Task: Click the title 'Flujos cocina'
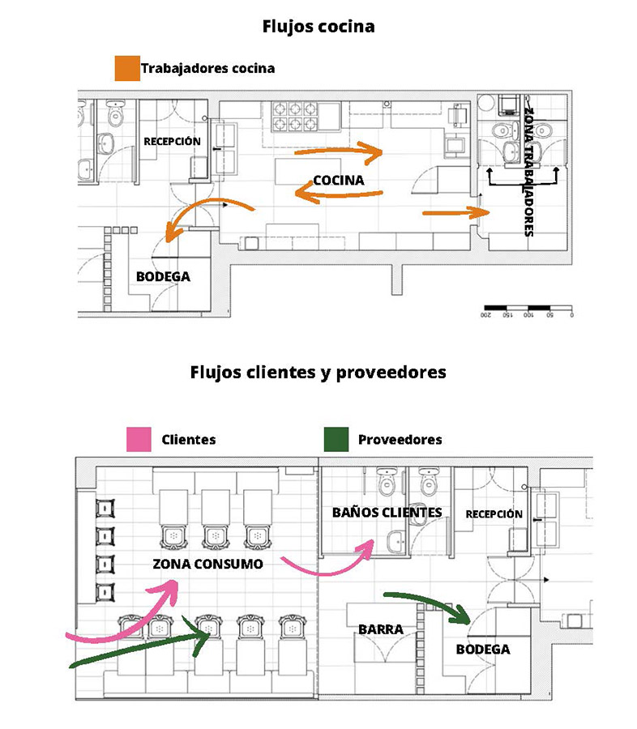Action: click(318, 26)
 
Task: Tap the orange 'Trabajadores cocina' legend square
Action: click(126, 68)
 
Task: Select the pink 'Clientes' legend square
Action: click(138, 440)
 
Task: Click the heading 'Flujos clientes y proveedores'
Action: click(318, 373)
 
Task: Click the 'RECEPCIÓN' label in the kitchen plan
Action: click(172, 141)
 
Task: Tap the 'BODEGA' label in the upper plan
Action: click(163, 276)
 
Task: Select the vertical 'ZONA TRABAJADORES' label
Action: click(528, 170)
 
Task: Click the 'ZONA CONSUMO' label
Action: click(207, 564)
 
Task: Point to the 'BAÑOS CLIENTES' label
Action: click(387, 512)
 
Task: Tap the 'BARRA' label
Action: click(380, 629)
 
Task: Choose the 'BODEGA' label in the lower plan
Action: click(483, 649)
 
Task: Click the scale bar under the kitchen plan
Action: click(527, 309)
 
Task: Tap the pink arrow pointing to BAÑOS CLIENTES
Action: click(328, 561)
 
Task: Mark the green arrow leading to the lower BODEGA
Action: click(430, 605)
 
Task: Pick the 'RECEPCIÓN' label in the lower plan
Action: click(494, 514)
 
